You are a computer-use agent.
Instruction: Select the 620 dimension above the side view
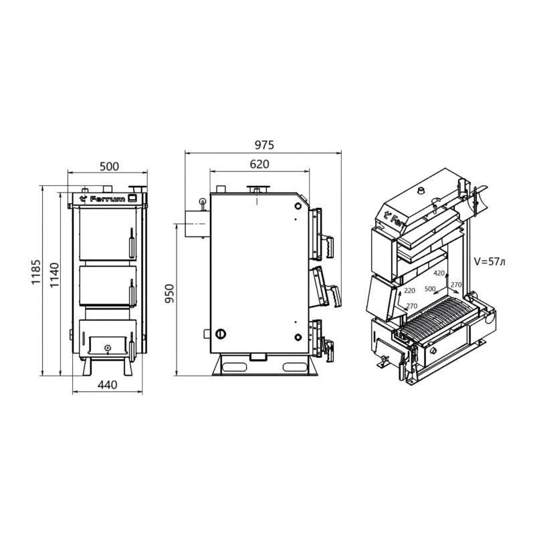[x=259, y=164]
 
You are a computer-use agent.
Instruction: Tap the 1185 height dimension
[x=36, y=272]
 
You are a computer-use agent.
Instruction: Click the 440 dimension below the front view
[x=107, y=385]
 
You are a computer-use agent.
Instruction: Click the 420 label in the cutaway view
[x=439, y=273]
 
